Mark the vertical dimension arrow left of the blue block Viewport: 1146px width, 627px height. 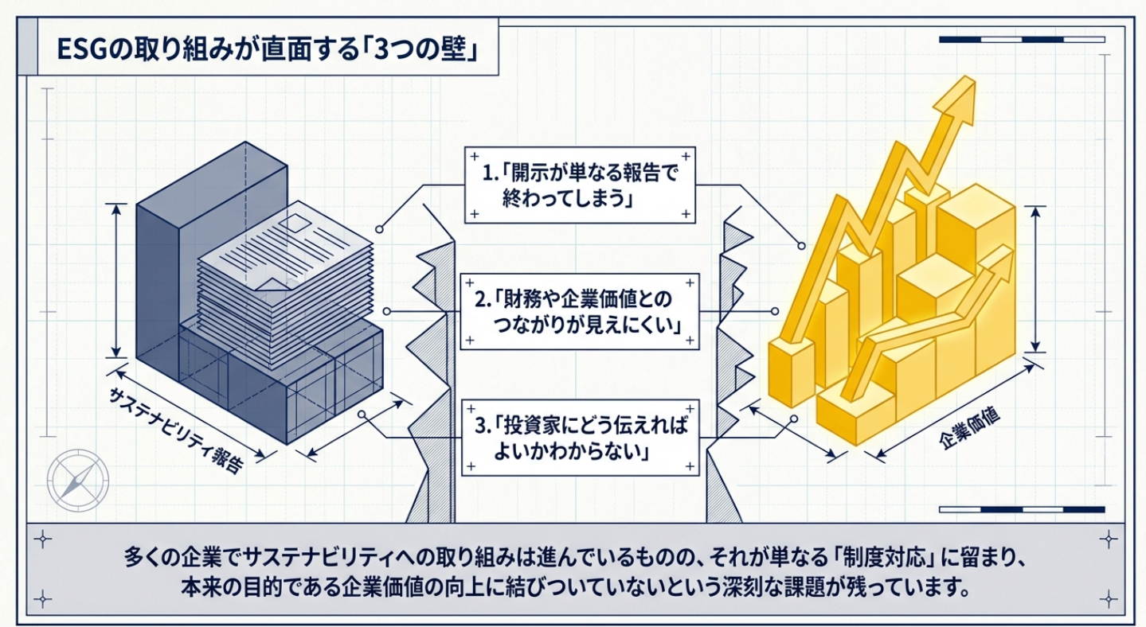(117, 280)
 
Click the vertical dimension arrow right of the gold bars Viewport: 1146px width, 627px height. (1035, 278)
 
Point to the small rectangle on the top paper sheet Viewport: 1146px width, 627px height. (295, 217)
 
